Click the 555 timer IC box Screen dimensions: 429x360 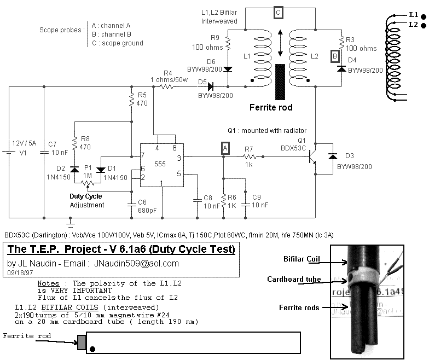coord(162,165)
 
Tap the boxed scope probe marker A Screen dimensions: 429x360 coord(225,148)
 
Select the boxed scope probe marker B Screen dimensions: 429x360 coord(335,56)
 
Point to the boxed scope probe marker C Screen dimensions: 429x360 coord(278,13)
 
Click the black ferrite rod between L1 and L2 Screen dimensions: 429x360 coord(280,82)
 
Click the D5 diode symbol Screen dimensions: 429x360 coord(210,86)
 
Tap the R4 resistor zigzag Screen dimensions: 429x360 coord(166,86)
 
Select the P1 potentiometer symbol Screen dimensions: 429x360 coord(88,183)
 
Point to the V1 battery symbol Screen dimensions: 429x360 coord(9,152)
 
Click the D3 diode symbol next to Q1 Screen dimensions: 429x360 coord(333,156)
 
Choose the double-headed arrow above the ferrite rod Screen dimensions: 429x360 coord(280,43)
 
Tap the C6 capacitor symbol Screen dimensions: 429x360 coord(131,205)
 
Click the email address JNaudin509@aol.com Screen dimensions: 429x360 coord(136,263)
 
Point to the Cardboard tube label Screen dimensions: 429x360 coord(294,279)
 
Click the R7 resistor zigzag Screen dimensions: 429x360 coord(249,156)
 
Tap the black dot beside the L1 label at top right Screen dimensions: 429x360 coord(424,16)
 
